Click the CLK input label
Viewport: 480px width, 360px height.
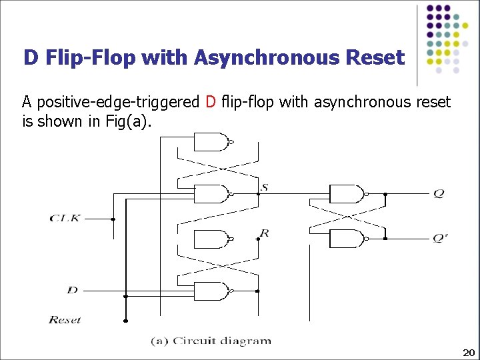pyautogui.click(x=65, y=218)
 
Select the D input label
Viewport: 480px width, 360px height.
pyautogui.click(x=73, y=290)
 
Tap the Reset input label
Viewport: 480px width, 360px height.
pyautogui.click(x=65, y=320)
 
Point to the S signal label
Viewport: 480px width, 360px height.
pyautogui.click(x=265, y=188)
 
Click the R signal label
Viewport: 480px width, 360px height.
pyautogui.click(x=265, y=233)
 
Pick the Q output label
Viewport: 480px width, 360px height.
pyautogui.click(x=438, y=193)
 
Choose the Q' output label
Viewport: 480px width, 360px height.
pyautogui.click(x=440, y=238)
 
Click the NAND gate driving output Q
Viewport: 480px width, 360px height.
pyautogui.click(x=347, y=194)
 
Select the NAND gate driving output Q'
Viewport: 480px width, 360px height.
pyautogui.click(x=347, y=238)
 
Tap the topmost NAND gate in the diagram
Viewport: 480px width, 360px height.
pyautogui.click(x=210, y=142)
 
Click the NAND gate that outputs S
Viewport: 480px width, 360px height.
pyautogui.click(x=210, y=194)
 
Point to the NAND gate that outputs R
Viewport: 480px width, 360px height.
pyautogui.click(x=210, y=239)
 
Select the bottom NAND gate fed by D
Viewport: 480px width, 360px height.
pyautogui.click(x=210, y=291)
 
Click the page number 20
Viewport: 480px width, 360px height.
pyautogui.click(x=468, y=352)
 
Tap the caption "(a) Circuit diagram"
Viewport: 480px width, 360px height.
pyautogui.click(x=211, y=341)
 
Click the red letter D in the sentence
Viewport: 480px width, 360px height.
pyautogui.click(x=211, y=102)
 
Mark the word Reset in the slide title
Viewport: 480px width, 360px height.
pyautogui.click(x=375, y=58)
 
